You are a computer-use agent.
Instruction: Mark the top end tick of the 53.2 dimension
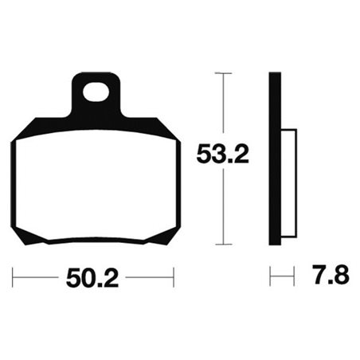(223, 73)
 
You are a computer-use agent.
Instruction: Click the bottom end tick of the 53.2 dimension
(223, 244)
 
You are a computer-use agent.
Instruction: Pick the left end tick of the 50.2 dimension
(14, 278)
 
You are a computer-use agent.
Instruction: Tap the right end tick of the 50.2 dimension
(173, 278)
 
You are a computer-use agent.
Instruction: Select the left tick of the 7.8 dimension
(272, 278)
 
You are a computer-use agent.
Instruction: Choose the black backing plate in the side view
(276, 159)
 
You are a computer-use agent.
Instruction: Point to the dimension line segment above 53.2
(223, 104)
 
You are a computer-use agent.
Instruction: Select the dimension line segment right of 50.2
(147, 278)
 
